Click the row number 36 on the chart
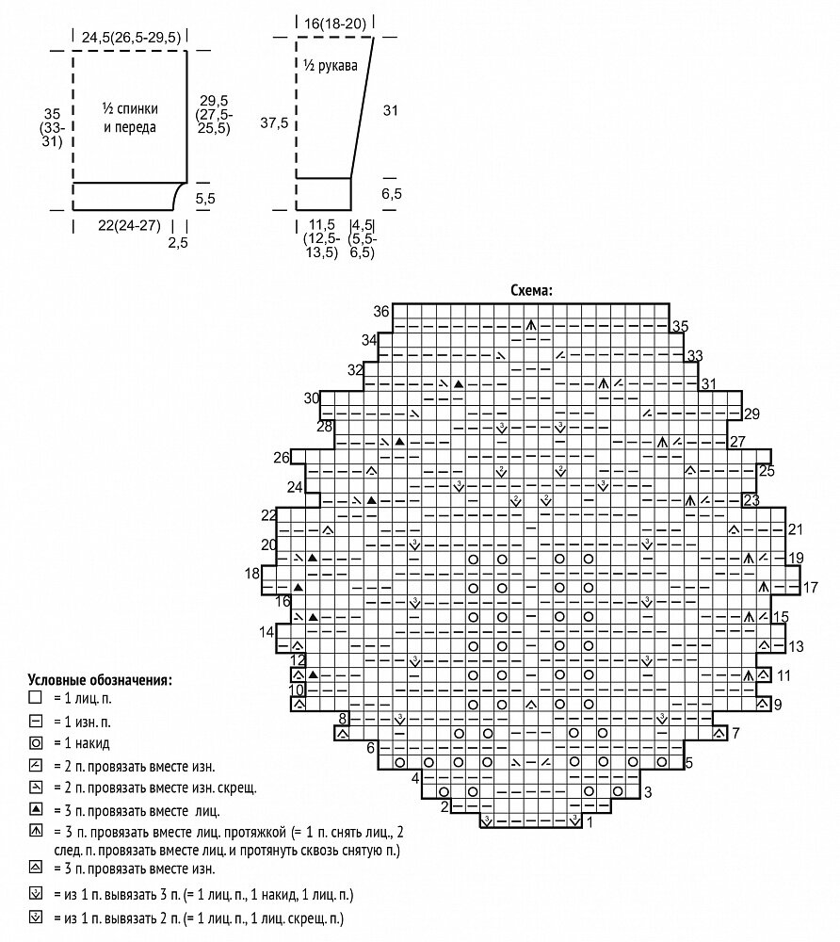pos(380,312)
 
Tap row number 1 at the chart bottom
pos(590,822)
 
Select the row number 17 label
pos(810,587)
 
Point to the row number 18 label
pos(251,574)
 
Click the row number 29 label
pos(751,414)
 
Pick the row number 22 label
pos(269,514)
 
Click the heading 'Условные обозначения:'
pos(100,678)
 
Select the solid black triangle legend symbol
pos(36,807)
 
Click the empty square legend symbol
pos(36,698)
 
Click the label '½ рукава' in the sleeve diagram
pos(330,65)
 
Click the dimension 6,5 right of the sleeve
pos(392,193)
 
